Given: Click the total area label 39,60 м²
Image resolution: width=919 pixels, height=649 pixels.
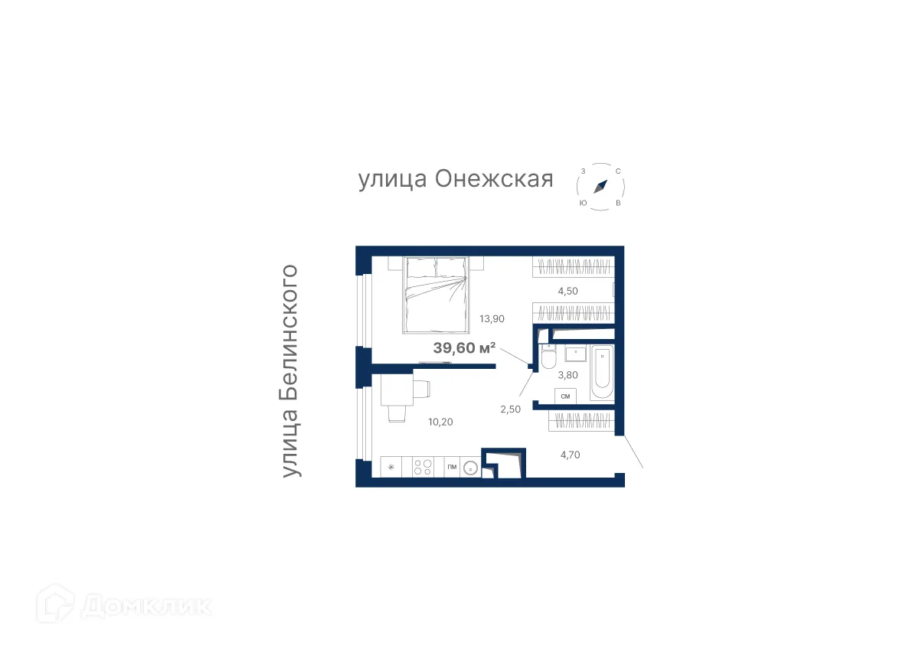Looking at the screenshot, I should pyautogui.click(x=464, y=348).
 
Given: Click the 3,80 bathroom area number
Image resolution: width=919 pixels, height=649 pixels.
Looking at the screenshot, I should pyautogui.click(x=567, y=375).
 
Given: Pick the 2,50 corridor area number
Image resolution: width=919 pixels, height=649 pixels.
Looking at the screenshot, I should pyautogui.click(x=510, y=409).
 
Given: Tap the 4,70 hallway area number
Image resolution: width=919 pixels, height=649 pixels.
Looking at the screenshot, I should pyautogui.click(x=570, y=455).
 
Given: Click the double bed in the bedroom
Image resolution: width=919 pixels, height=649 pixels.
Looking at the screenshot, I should pyautogui.click(x=435, y=295).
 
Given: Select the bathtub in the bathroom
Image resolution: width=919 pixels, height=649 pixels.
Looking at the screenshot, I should pyautogui.click(x=602, y=373).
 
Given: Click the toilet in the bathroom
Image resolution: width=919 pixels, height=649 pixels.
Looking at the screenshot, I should pyautogui.click(x=548, y=357).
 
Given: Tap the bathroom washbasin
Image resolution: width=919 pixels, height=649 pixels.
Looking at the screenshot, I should pyautogui.click(x=574, y=354).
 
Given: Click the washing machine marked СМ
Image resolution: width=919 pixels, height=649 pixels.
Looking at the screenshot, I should pyautogui.click(x=566, y=396).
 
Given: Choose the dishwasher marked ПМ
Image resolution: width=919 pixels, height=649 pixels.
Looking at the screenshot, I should pyautogui.click(x=451, y=467).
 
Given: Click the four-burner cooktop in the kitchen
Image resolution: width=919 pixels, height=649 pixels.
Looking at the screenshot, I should pyautogui.click(x=422, y=467).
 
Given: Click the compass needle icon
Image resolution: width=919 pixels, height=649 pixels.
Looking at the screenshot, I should pyautogui.click(x=601, y=186).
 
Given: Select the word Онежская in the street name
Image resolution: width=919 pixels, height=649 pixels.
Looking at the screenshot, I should pyautogui.click(x=494, y=180).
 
